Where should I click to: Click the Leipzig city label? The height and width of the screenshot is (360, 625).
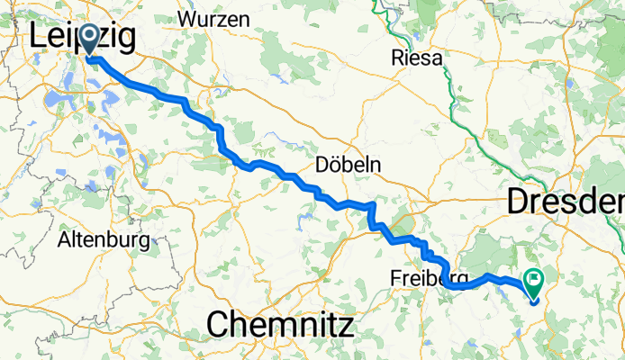[x=83, y=38]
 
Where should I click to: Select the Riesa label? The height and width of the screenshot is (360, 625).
[x=417, y=59]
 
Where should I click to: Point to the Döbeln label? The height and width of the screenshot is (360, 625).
[x=349, y=166]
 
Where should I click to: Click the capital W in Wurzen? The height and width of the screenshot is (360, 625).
[x=188, y=18]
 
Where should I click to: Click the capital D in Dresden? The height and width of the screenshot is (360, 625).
[x=517, y=202]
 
